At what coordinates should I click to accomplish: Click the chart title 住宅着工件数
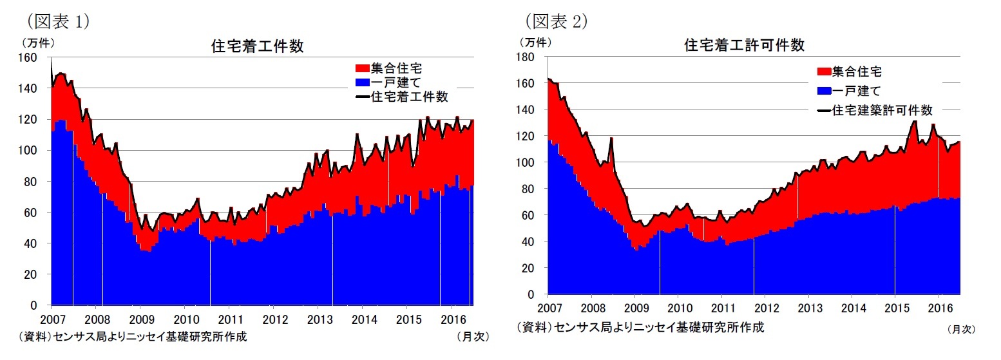(258, 46)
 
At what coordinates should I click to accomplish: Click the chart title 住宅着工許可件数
(744, 46)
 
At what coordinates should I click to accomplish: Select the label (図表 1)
(57, 21)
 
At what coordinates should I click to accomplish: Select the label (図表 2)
(557, 21)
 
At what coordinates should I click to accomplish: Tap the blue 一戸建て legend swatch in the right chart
(824, 91)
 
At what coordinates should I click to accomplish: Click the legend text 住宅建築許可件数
(882, 110)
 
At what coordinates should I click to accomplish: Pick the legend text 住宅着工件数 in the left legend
(410, 97)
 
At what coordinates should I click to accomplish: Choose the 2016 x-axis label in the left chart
(452, 319)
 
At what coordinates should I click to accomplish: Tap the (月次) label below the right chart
(961, 329)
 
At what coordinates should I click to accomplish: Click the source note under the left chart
(132, 336)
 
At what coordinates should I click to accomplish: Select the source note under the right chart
(640, 327)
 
